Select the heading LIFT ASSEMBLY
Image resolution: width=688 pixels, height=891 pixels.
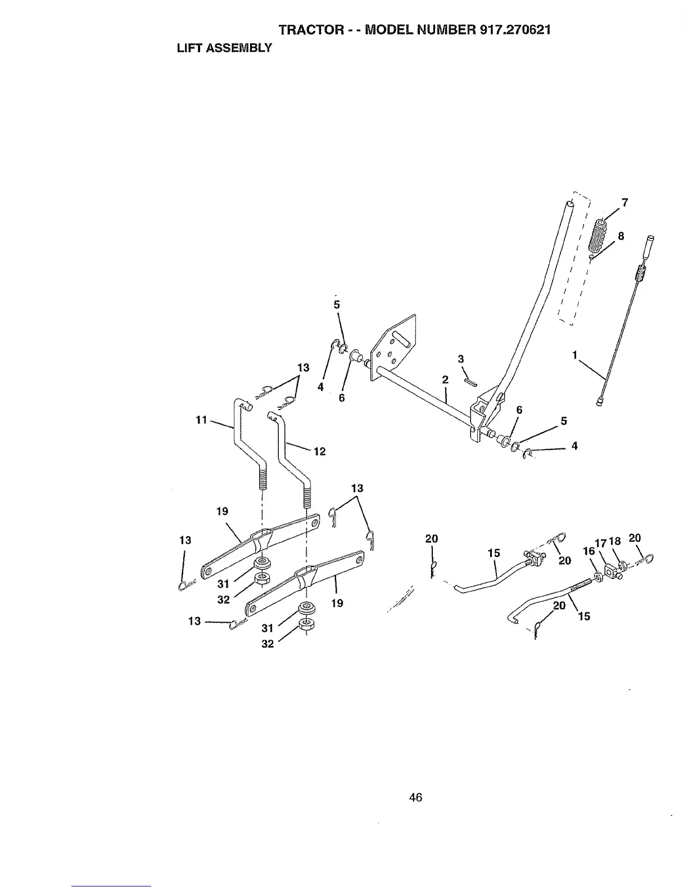click(x=224, y=48)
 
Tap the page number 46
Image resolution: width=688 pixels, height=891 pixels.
click(x=415, y=797)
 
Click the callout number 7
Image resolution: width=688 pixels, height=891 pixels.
click(x=624, y=202)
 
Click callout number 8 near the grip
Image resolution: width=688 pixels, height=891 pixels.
click(x=621, y=236)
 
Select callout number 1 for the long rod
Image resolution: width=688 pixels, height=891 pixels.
click(x=574, y=355)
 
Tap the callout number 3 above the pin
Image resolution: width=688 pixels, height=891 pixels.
click(x=461, y=359)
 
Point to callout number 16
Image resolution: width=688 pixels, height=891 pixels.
click(x=589, y=551)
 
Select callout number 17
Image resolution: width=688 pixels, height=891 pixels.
click(x=600, y=543)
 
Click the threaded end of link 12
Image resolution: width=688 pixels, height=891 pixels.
click(x=307, y=496)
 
